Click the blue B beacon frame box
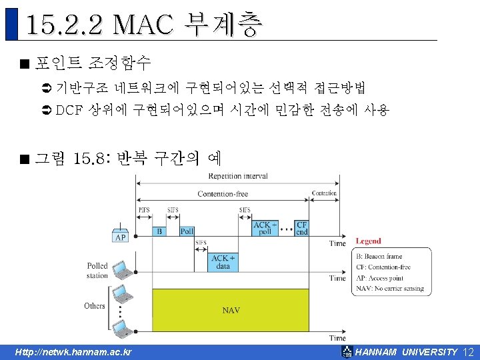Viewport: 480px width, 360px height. pyautogui.click(x=159, y=231)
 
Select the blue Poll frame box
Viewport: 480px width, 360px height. pyautogui.click(x=187, y=231)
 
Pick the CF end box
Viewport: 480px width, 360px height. pyautogui.click(x=301, y=229)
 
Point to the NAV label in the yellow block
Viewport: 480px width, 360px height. pyautogui.click(x=231, y=310)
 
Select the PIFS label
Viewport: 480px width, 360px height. pyautogui.click(x=144, y=209)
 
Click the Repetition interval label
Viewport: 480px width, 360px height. pyautogui.click(x=238, y=176)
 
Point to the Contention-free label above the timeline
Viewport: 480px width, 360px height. pyautogui.click(x=223, y=193)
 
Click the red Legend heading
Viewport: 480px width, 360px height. pyautogui.click(x=368, y=241)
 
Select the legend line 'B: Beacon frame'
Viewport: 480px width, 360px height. pyautogui.click(x=379, y=256)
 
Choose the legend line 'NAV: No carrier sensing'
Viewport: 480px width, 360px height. pyautogui.click(x=389, y=288)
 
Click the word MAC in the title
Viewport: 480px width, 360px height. pyautogui.click(x=144, y=25)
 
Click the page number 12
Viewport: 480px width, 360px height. pyautogui.click(x=467, y=352)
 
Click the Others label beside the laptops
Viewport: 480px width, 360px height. pyautogui.click(x=95, y=305)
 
